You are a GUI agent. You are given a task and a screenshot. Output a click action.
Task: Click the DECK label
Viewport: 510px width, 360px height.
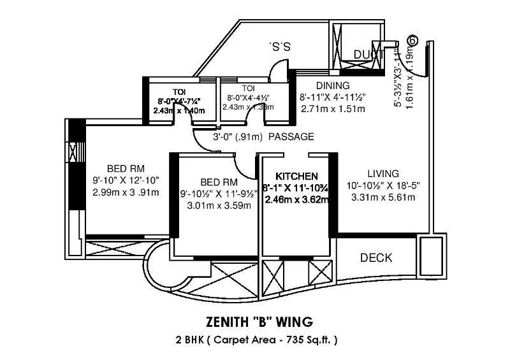tap(376, 258)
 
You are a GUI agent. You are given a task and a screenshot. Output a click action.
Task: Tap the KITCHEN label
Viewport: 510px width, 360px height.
tap(296, 176)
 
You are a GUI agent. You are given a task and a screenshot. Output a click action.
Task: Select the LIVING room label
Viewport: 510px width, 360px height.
tap(383, 173)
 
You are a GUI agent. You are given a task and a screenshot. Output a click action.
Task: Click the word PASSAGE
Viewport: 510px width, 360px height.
tap(291, 136)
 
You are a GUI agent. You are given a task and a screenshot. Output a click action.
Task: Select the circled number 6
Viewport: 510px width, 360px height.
tap(412, 40)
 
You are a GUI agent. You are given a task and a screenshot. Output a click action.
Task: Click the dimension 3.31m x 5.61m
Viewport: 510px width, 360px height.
tap(383, 198)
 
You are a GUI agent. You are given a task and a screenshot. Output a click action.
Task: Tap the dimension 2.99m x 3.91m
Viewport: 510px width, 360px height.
tap(125, 192)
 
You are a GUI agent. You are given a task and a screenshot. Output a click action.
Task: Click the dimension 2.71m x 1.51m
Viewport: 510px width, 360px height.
tap(332, 109)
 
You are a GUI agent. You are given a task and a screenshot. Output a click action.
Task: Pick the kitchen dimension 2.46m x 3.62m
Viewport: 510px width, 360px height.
tap(296, 199)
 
